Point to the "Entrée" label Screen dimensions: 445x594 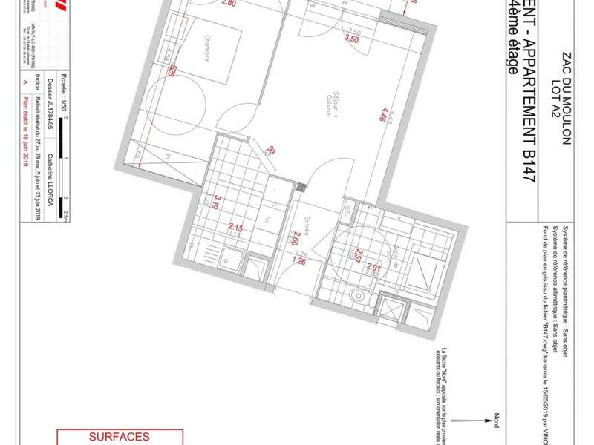point(307,223)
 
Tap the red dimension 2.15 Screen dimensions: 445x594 point(236,227)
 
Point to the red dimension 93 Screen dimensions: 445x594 point(271,151)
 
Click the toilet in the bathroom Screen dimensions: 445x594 point(359,296)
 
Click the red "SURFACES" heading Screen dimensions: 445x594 point(120,438)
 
